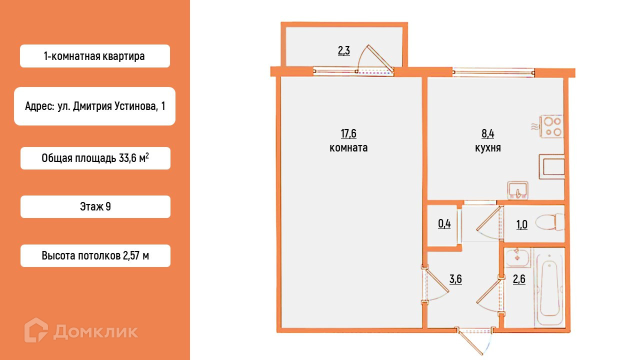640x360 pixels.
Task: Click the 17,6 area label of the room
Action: coord(348,133)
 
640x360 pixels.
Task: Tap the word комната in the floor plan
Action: coord(348,148)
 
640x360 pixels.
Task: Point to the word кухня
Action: coord(488,148)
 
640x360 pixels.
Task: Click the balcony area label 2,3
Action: coord(343,50)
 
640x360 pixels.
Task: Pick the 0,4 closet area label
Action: coord(444,223)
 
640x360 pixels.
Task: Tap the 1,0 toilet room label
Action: coord(522,224)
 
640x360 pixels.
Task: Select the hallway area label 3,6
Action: coord(455,279)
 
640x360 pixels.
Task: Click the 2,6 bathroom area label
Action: coord(519,279)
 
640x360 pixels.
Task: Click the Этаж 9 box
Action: coord(95,206)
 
